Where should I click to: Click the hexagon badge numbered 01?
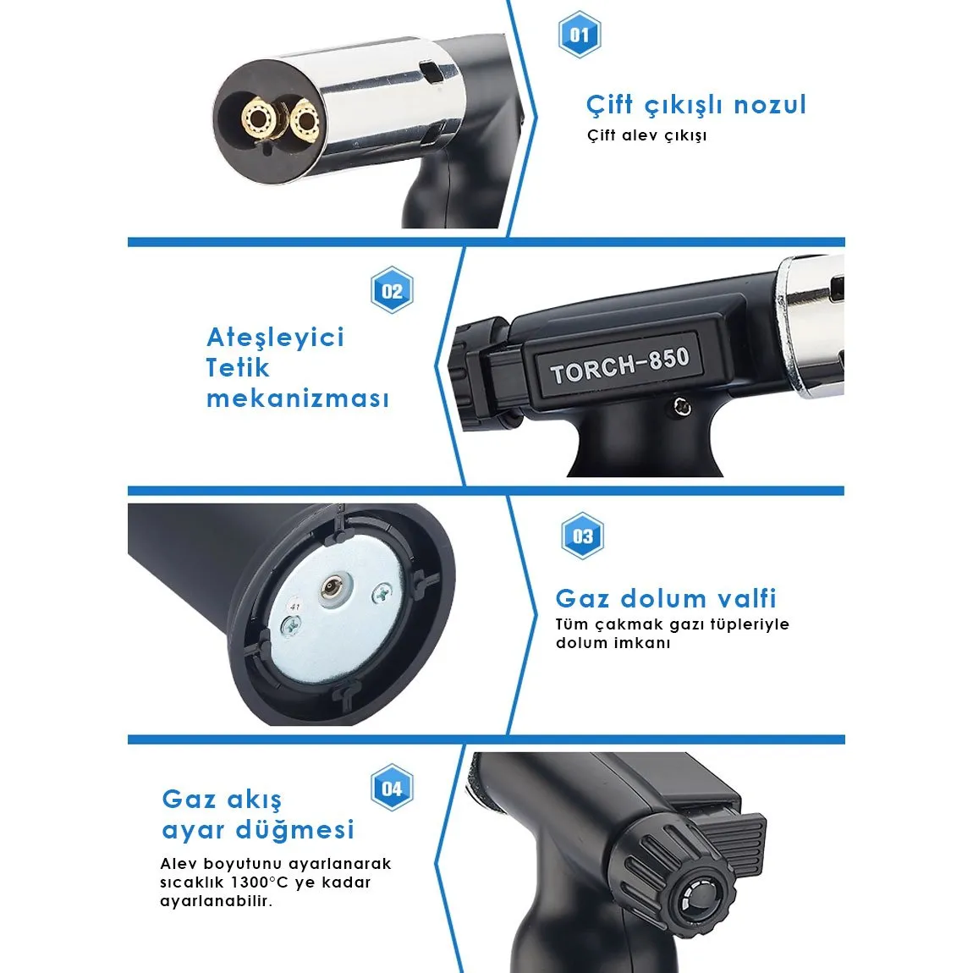pos(579,35)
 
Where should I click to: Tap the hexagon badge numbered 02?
pos(392,290)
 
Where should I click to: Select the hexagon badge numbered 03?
pos(582,536)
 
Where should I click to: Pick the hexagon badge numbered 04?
pos(392,788)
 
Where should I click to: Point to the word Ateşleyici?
pos(275,338)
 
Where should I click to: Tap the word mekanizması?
pos(298,399)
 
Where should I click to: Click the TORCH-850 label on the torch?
pos(619,366)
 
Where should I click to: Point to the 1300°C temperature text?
pos(260,882)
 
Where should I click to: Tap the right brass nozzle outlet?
pos(304,118)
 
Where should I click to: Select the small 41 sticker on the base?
pos(294,607)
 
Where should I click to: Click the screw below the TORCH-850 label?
pos(683,407)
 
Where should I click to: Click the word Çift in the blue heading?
pos(610,106)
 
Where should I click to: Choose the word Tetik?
pos(238,368)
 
